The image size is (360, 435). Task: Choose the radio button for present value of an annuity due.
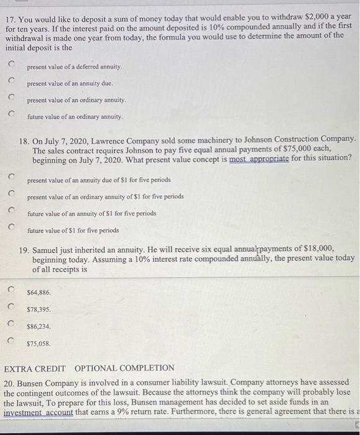11,81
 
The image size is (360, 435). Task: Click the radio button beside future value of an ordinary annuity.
11,114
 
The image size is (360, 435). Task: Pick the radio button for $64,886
11,290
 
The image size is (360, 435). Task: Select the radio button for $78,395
11,306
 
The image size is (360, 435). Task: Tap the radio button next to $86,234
11,323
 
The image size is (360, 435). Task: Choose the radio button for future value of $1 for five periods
11,228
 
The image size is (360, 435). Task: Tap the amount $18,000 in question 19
320,247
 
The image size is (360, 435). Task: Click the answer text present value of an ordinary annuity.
76,100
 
